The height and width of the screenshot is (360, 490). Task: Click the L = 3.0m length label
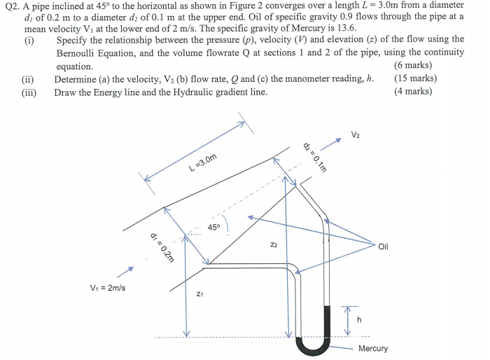pyautogui.click(x=203, y=162)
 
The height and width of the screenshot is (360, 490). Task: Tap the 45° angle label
pyautogui.click(x=214, y=228)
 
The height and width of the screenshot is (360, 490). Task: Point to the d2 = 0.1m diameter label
pyautogui.click(x=317, y=155)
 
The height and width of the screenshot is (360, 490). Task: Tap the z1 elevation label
pyautogui.click(x=200, y=295)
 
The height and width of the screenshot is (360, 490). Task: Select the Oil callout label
pyautogui.click(x=383, y=247)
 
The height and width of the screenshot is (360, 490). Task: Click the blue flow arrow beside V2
pyautogui.click(x=335, y=143)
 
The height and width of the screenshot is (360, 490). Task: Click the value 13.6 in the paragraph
pyautogui.click(x=346, y=28)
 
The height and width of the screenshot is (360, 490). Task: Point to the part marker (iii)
pyautogui.click(x=29, y=91)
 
